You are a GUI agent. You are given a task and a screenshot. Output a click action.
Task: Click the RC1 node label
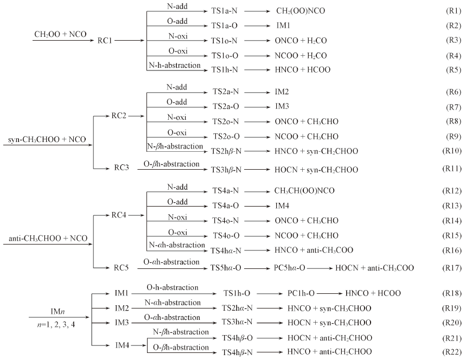[105, 40]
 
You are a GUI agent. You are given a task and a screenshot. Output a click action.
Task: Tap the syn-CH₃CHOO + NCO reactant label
[47, 140]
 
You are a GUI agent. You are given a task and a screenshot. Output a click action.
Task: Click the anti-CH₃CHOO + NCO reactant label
[48, 239]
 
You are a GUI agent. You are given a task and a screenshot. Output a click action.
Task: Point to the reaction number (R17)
[451, 268]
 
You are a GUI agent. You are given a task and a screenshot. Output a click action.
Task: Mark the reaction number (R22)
[451, 352]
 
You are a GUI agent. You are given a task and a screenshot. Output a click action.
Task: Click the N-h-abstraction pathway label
[174, 65]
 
